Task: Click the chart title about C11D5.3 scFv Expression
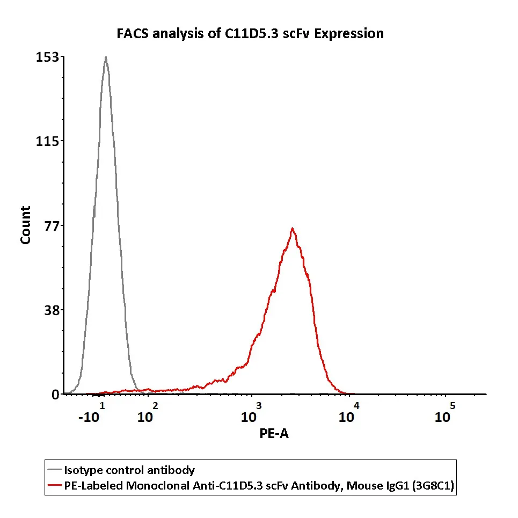pos(250,34)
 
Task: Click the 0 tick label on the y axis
pos(55,395)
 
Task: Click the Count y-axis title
pos(25,225)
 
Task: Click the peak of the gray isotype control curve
pos(106,57)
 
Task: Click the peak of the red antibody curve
pos(292,228)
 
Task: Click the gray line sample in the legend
pos(55,471)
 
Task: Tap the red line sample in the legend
pos(55,486)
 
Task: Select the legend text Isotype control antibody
pos(129,471)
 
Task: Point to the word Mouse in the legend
pos(362,486)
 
